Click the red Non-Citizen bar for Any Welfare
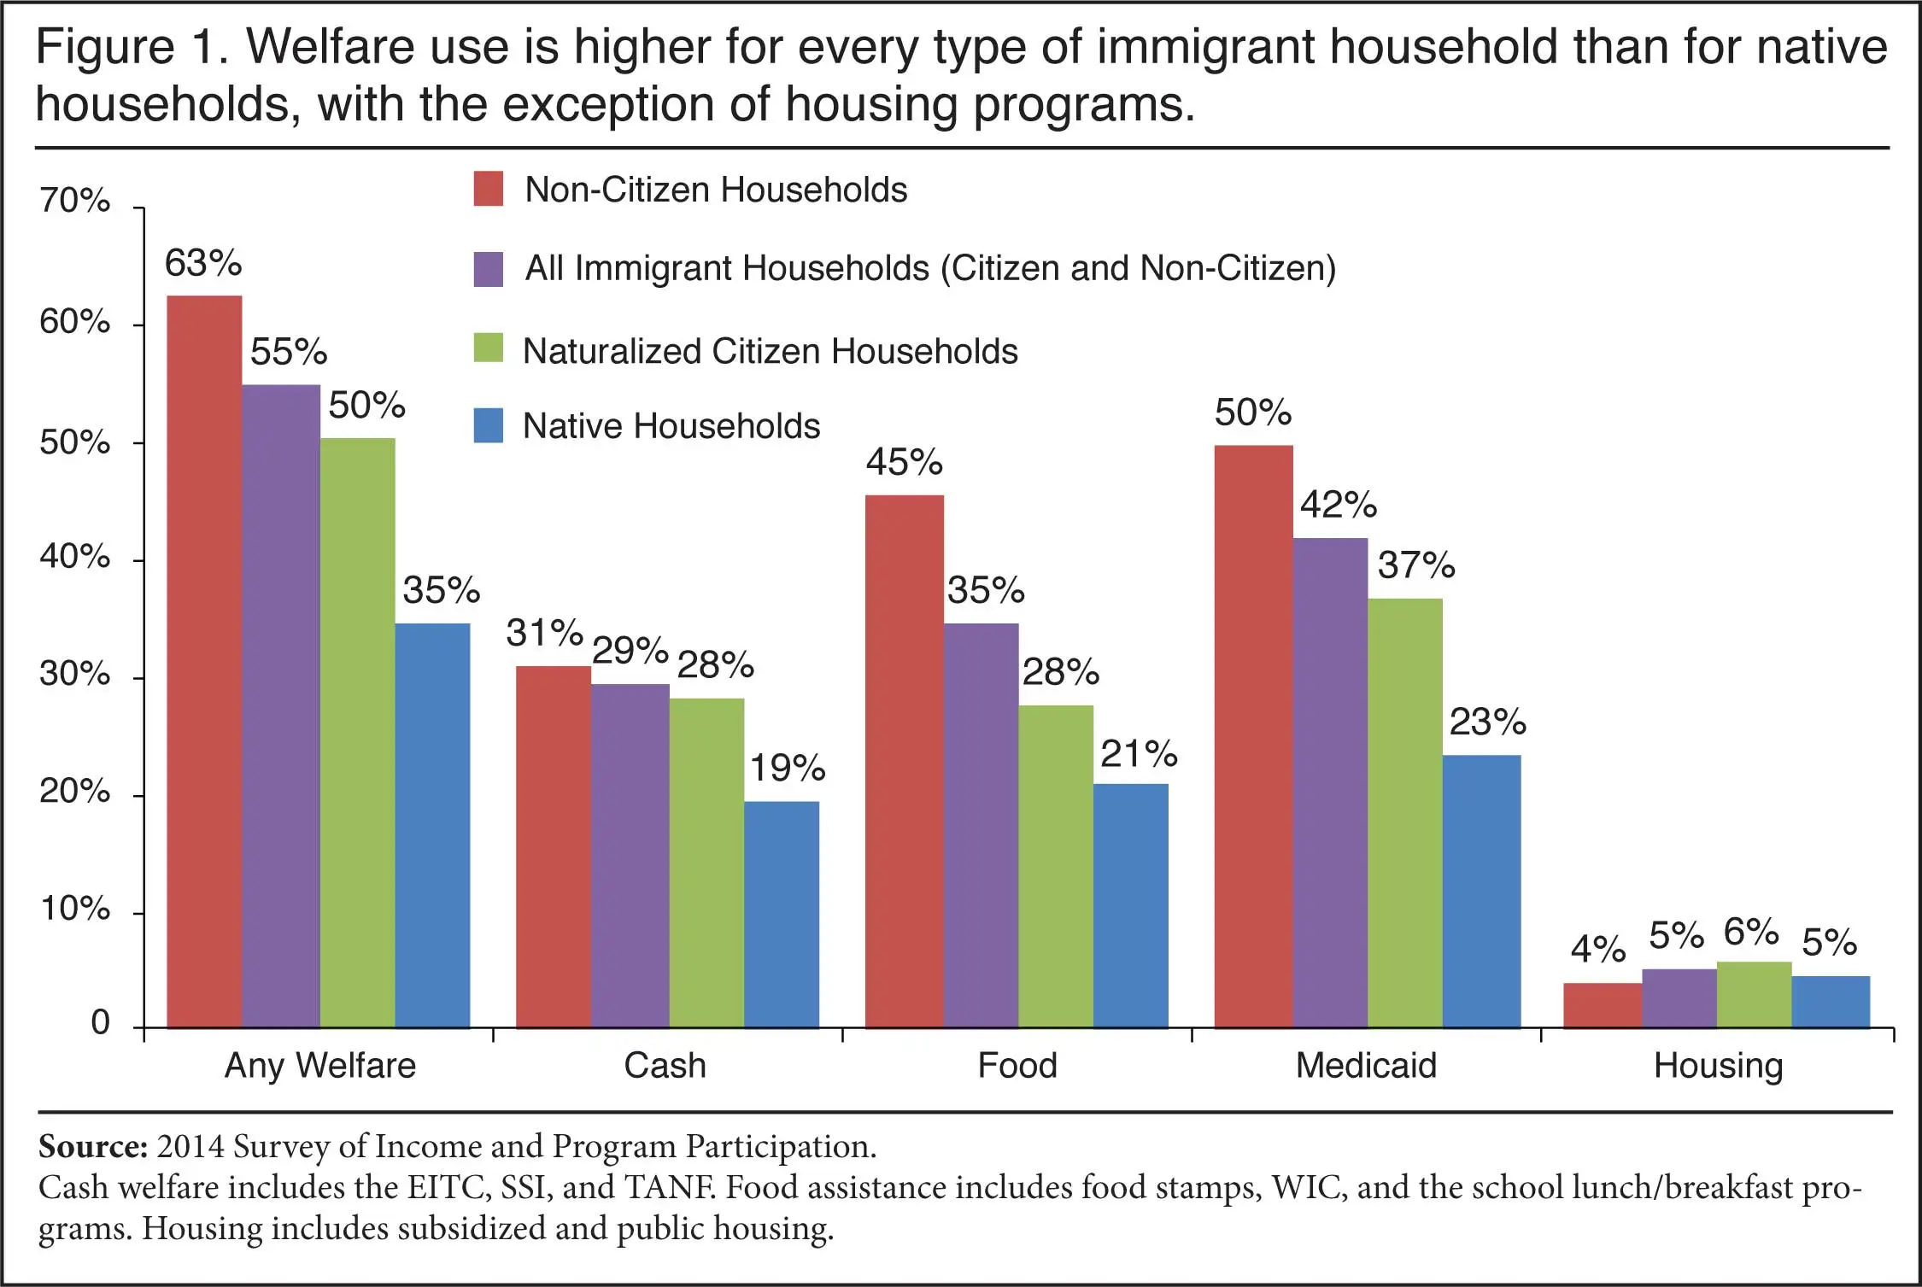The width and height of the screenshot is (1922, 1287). point(204,662)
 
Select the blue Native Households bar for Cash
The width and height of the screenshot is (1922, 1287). point(781,914)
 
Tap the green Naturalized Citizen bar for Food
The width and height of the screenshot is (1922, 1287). point(1055,867)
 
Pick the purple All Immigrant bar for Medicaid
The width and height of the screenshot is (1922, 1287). point(1329,782)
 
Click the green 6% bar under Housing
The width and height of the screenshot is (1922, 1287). point(1753,995)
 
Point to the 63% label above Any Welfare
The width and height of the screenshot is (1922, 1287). point(203,263)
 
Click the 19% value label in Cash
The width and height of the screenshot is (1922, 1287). point(787,768)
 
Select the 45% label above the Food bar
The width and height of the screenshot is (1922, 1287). point(904,462)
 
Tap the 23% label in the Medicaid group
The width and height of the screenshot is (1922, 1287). point(1487,722)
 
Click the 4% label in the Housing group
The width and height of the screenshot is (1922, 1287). point(1597,949)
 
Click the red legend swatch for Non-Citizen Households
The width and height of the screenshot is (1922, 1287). point(489,189)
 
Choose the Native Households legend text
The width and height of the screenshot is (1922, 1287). point(671,426)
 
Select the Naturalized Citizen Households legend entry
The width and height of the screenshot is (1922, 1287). point(769,351)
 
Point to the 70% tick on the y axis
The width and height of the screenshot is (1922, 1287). point(75,201)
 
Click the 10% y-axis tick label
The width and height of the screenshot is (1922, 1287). point(75,908)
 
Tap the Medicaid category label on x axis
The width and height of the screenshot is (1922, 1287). point(1365,1066)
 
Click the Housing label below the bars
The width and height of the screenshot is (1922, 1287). point(1718,1066)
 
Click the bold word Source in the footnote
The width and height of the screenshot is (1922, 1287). point(93,1146)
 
